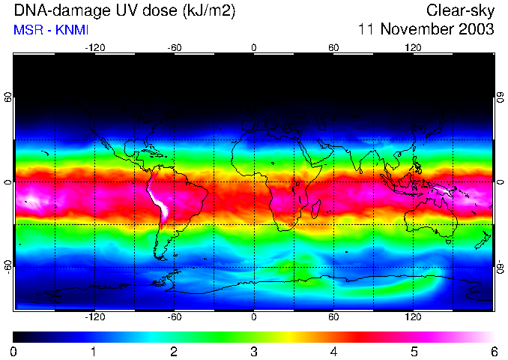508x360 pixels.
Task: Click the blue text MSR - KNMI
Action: click(x=51, y=30)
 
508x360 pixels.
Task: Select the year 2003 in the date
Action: click(x=474, y=30)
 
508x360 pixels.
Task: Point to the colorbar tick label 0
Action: click(x=14, y=351)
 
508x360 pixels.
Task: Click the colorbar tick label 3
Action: click(x=254, y=351)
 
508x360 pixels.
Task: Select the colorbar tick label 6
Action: click(x=493, y=351)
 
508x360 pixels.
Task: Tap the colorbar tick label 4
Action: click(x=333, y=351)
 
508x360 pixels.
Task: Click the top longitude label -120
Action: click(x=94, y=47)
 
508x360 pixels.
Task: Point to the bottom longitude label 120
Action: click(x=413, y=317)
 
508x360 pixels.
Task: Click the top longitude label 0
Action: click(x=254, y=47)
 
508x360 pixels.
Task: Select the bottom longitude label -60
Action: click(x=174, y=317)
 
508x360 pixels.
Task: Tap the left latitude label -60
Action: click(x=8, y=266)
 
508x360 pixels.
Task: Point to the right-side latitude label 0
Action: click(x=499, y=182)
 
